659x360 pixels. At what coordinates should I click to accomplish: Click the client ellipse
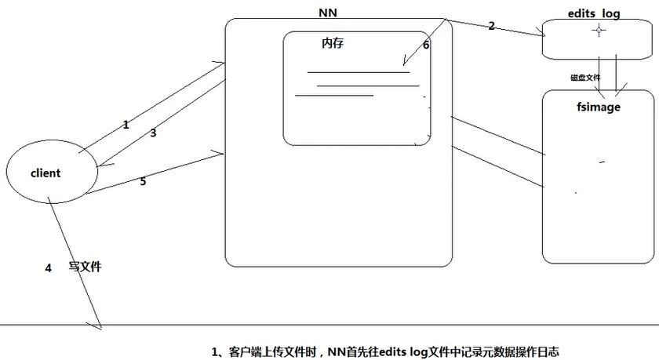(x=52, y=173)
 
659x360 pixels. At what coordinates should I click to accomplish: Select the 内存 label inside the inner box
(x=333, y=44)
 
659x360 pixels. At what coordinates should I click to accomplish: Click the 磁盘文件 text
(x=584, y=78)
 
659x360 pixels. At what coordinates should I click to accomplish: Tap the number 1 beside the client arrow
(x=126, y=125)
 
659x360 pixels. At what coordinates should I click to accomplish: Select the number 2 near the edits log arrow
(x=491, y=26)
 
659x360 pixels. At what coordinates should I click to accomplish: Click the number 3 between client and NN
(x=153, y=133)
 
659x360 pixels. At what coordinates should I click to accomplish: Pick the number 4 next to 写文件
(x=48, y=268)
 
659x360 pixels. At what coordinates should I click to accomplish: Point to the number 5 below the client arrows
(x=143, y=181)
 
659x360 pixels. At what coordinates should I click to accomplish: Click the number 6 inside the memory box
(x=426, y=45)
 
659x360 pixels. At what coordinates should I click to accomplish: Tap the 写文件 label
(x=86, y=267)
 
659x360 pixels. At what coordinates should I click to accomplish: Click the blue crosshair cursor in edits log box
(x=599, y=30)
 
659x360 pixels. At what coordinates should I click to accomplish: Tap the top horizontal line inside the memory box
(x=358, y=73)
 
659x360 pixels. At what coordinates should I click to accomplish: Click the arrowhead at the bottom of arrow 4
(x=100, y=325)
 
